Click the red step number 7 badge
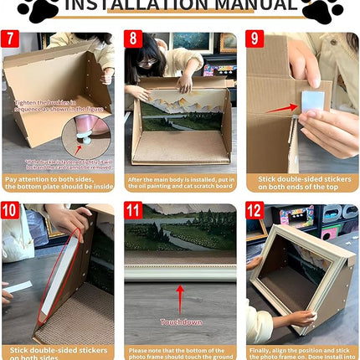tap(11, 39)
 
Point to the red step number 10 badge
tap(12, 210)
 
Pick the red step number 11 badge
tap(133, 210)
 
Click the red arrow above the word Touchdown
tap(180, 299)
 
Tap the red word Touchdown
tap(179, 321)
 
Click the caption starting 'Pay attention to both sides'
tap(58, 183)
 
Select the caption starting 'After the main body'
tap(180, 183)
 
